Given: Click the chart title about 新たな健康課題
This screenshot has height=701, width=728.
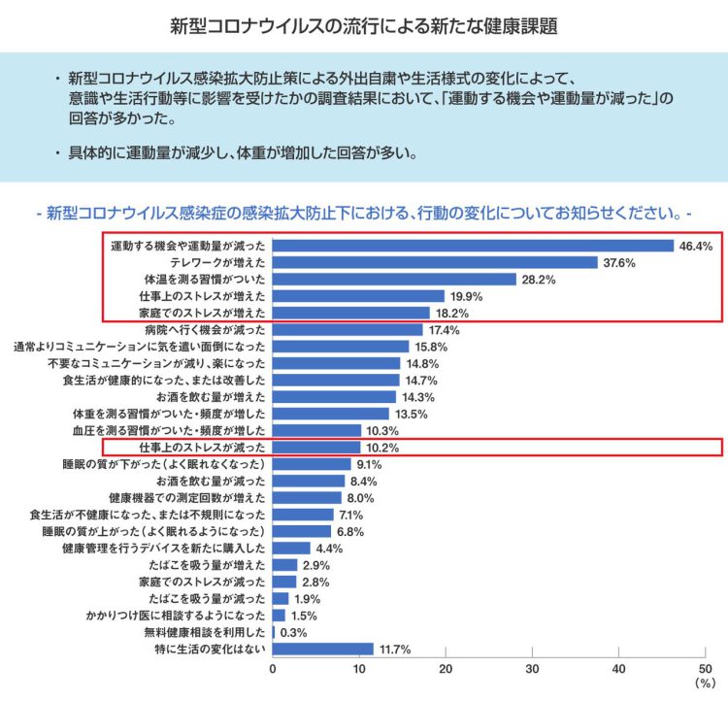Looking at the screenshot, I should click(x=364, y=23).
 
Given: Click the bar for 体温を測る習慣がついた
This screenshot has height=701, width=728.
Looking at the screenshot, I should click(x=394, y=280).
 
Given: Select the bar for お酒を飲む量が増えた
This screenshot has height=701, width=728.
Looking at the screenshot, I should click(x=334, y=397).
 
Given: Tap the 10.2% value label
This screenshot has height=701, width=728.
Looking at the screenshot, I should click(x=382, y=448).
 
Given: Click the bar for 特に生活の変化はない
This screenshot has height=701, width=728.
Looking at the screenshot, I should click(x=323, y=650).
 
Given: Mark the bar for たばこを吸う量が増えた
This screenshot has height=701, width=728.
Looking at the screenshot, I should click(x=285, y=565).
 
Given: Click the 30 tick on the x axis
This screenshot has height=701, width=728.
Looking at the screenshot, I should click(x=532, y=670).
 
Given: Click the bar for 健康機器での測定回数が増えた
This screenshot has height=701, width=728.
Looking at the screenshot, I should click(x=307, y=498).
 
